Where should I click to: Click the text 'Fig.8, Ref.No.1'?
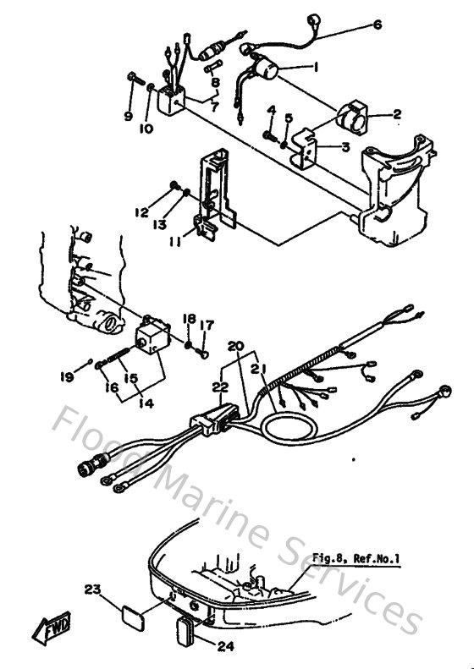pyautogui.click(x=357, y=558)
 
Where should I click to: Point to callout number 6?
pyautogui.click(x=377, y=25)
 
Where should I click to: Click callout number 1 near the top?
pyautogui.click(x=315, y=66)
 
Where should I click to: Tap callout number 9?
pyautogui.click(x=129, y=116)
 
